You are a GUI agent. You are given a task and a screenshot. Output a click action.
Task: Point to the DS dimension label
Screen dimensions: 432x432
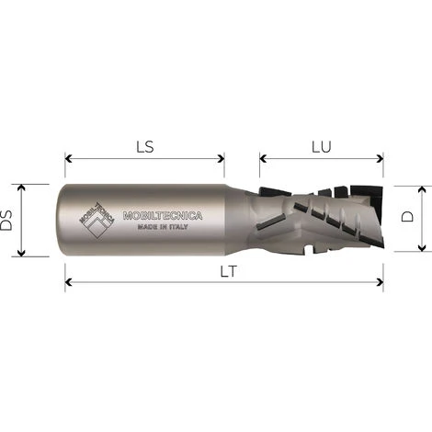9,221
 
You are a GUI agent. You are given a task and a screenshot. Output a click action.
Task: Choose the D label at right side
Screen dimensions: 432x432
411,218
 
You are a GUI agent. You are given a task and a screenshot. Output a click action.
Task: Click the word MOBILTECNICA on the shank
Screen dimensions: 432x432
162,217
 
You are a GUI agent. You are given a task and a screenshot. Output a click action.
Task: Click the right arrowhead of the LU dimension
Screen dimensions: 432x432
381,158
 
